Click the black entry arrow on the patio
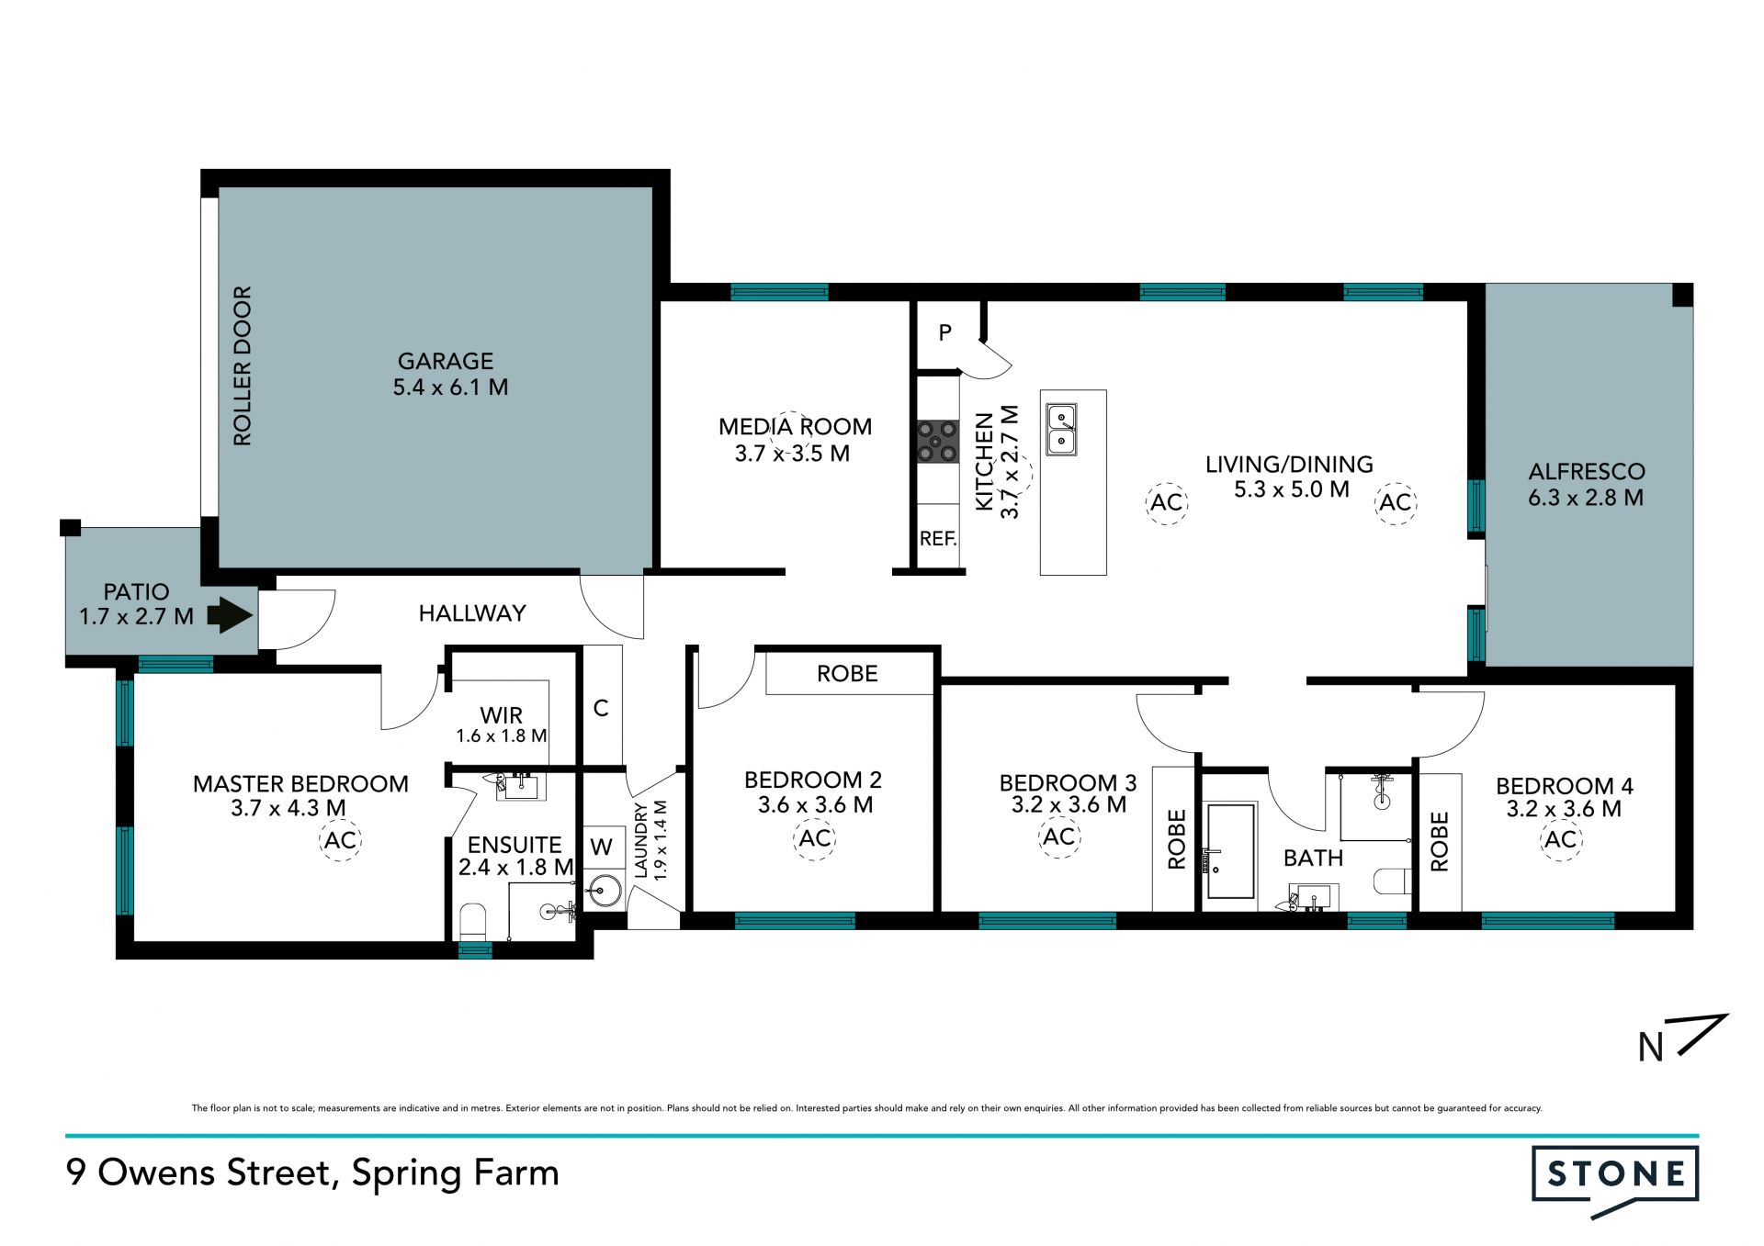pos(230,615)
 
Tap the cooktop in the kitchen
pos(938,441)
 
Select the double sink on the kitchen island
pos(1062,430)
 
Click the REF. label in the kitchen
pos(938,539)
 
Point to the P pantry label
pos(945,332)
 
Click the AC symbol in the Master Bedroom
pos(340,840)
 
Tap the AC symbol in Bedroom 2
pos(815,838)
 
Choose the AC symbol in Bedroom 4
pos(1561,839)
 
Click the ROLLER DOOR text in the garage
pos(243,366)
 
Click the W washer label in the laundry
pos(601,847)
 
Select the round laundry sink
pos(605,891)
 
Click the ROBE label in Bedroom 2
pos(847,674)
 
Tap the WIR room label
pos(502,714)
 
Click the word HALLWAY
pos(472,613)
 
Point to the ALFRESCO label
pos(1587,472)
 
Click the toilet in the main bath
pos(1392,881)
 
